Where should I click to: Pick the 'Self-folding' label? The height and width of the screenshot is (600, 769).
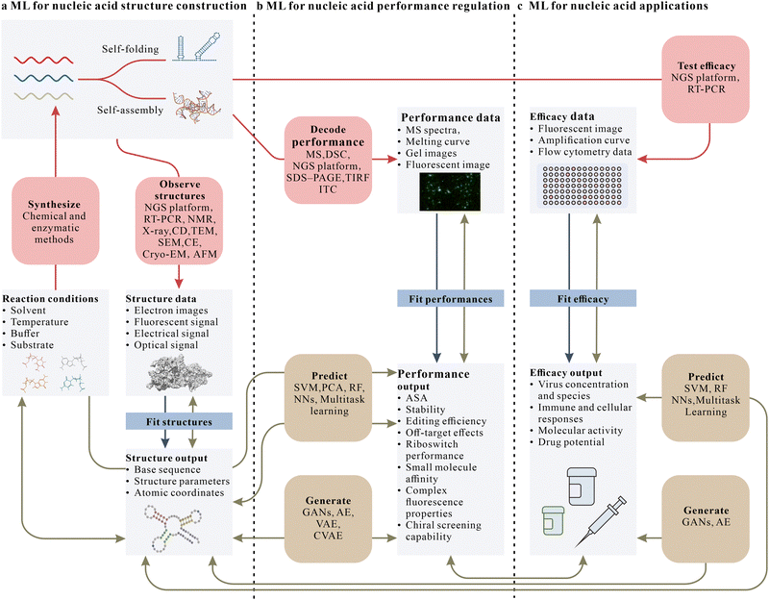(x=128, y=47)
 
